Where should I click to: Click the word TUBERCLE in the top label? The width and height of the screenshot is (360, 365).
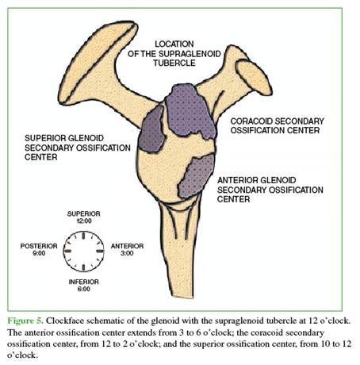[174, 63]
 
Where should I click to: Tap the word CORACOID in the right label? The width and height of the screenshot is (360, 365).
[251, 121]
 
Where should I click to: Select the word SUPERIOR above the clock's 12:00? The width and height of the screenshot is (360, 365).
[84, 213]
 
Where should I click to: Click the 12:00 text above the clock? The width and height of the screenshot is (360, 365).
[84, 221]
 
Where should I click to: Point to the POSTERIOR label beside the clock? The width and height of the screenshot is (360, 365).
[39, 246]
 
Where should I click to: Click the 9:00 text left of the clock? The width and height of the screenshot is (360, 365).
[39, 253]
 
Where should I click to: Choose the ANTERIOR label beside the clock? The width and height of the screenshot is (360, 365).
[127, 246]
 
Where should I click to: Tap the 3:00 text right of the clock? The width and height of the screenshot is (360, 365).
[127, 253]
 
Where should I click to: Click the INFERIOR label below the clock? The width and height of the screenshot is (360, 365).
[84, 282]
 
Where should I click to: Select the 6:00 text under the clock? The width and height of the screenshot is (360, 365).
[84, 289]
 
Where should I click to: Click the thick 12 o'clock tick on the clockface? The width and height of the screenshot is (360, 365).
[83, 235]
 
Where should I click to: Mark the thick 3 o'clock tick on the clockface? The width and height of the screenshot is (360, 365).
[100, 251]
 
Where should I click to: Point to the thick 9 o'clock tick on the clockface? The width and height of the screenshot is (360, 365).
[67, 251]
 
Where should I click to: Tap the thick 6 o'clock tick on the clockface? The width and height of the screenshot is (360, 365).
[83, 267]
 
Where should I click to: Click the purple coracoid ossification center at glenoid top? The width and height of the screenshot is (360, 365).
[189, 111]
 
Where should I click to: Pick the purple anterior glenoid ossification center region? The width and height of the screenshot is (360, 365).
[197, 176]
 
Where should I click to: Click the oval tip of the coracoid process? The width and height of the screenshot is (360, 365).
[254, 78]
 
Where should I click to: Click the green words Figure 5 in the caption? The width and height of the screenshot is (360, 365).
[25, 321]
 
